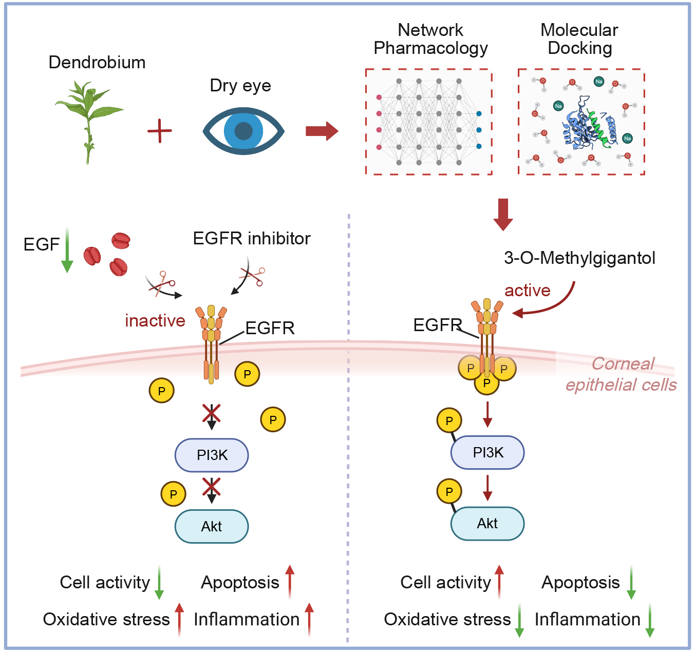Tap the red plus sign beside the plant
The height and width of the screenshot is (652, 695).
tap(160, 131)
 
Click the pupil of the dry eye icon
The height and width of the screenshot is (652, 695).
tap(243, 131)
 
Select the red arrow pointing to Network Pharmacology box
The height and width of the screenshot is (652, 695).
tap(322, 131)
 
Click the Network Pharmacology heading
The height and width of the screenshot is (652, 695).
tap(430, 39)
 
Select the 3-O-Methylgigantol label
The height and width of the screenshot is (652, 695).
tap(579, 258)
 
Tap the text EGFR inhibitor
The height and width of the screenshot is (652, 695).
tap(252, 238)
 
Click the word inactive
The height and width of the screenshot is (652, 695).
tap(155, 320)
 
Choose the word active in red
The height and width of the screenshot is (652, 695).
tap(527, 291)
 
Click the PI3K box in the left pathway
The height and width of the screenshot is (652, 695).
tap(212, 455)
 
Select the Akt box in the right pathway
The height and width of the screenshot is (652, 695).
tap(487, 524)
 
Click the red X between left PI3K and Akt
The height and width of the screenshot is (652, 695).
tap(211, 486)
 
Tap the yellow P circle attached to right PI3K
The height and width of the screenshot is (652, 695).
tap(449, 421)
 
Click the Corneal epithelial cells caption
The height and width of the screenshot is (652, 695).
tap(621, 374)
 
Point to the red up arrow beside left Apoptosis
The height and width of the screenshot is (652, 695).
tap(290, 581)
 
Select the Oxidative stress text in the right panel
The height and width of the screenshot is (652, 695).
tap(447, 619)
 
